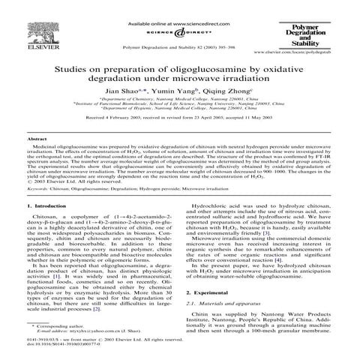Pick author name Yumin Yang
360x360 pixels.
[177, 88]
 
